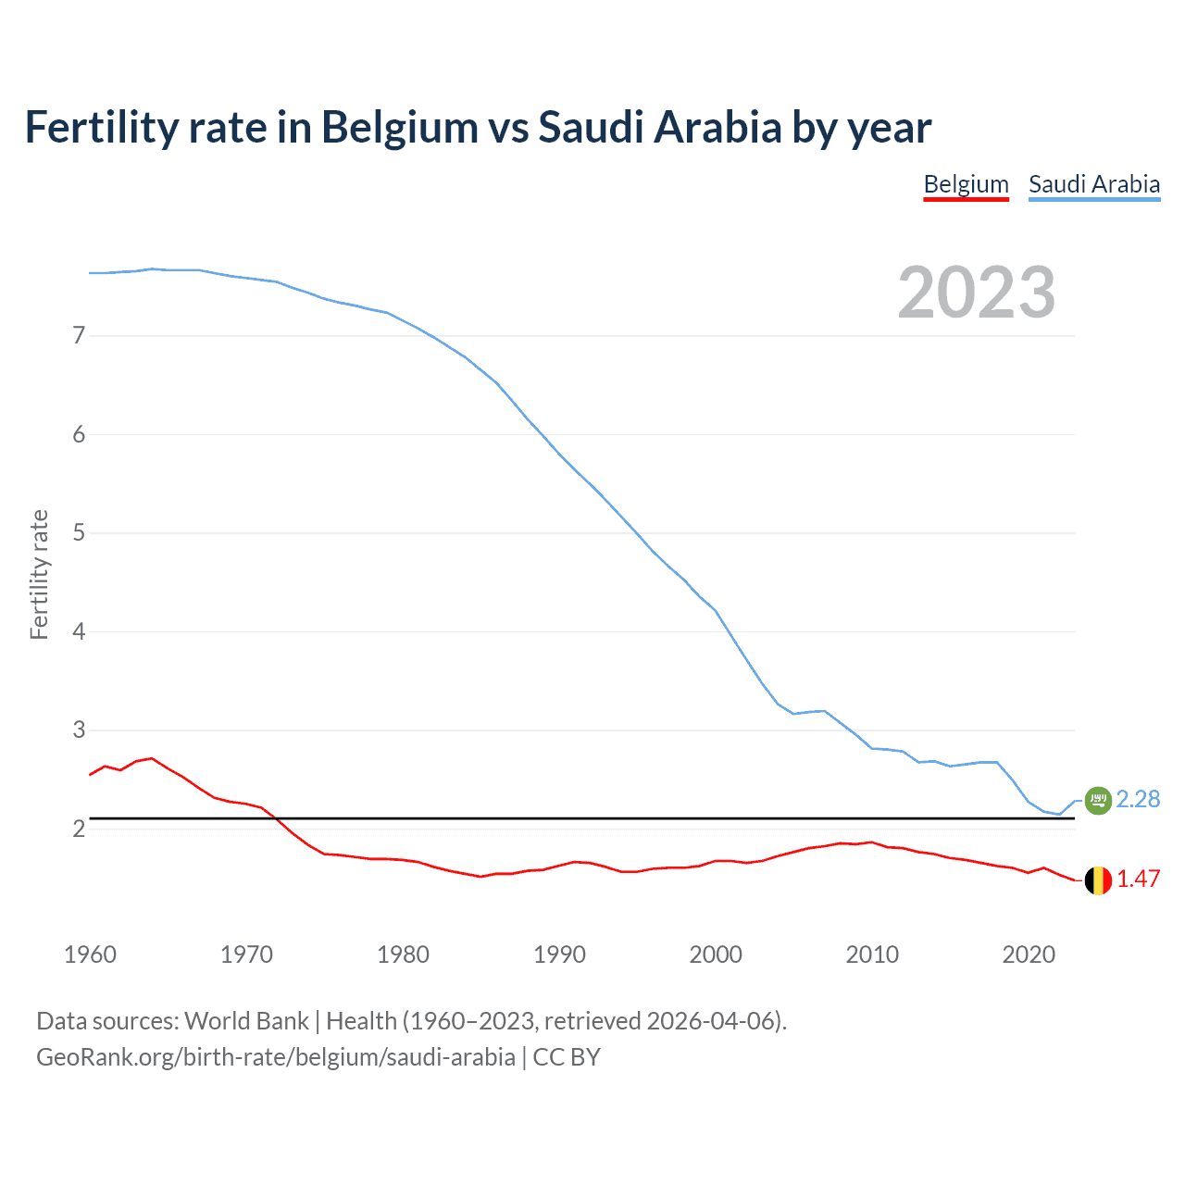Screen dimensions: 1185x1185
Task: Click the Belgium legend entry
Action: click(966, 184)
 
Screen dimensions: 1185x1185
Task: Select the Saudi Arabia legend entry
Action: click(1094, 184)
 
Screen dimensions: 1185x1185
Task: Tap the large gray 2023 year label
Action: click(976, 293)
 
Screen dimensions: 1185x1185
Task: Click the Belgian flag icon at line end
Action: click(1098, 879)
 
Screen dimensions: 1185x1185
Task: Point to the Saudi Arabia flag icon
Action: click(1098, 800)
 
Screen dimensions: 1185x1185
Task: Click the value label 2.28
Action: click(1138, 799)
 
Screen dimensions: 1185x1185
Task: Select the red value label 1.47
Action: click(1138, 879)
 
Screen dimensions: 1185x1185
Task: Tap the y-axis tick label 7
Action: click(79, 335)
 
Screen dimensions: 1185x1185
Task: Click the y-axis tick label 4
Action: click(79, 631)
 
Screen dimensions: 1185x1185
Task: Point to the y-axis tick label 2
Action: click(79, 829)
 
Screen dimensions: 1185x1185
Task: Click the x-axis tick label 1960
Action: click(90, 954)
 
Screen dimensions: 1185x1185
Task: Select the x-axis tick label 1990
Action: click(559, 954)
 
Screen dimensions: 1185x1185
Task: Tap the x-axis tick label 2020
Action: click(1029, 954)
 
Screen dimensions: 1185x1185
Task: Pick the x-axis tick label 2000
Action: click(716, 954)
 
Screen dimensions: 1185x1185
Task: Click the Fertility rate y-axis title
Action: click(39, 574)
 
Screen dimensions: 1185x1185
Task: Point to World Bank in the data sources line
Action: click(246, 1021)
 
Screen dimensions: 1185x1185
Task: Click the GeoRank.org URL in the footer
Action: click(276, 1057)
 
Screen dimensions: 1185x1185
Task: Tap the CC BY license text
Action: click(567, 1057)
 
